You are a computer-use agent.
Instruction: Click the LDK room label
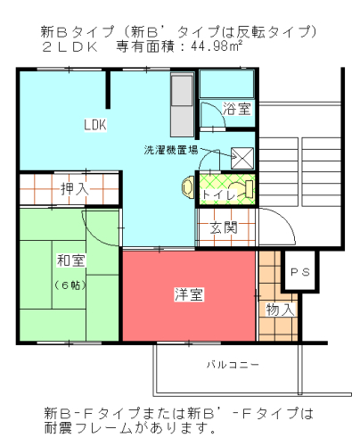click(x=95, y=125)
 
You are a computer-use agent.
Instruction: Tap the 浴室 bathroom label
click(x=237, y=109)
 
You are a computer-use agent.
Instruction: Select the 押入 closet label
click(x=75, y=189)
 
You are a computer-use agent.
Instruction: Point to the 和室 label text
click(x=71, y=260)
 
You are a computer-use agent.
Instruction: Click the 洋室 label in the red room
click(x=189, y=294)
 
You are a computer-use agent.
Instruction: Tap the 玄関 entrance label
click(x=224, y=227)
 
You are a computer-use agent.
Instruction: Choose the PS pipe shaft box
click(x=300, y=270)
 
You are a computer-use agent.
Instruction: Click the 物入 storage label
click(x=280, y=310)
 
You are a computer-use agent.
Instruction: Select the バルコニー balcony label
click(x=233, y=365)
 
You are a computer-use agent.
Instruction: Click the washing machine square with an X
click(x=242, y=158)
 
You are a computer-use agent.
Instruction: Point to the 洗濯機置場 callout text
click(x=171, y=150)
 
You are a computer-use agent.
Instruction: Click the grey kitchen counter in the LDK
click(x=182, y=104)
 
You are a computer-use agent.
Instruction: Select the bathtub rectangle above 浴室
click(x=226, y=84)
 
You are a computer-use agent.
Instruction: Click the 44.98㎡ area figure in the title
click(x=217, y=46)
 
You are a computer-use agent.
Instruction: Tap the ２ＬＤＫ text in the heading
click(x=70, y=47)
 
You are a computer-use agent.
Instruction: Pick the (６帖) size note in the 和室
click(x=70, y=285)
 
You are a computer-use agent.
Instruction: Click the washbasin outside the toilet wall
click(x=187, y=187)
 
